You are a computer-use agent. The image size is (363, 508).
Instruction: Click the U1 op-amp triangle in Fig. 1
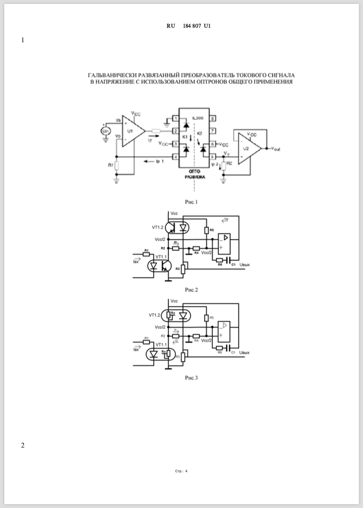coord(131,131)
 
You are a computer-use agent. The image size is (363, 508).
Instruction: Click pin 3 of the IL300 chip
coord(175,144)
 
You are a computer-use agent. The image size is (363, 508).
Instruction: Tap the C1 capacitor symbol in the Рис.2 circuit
coord(229,260)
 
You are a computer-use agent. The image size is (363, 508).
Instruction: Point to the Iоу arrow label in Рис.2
coord(226,219)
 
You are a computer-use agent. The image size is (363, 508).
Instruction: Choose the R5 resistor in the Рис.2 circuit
coord(206,230)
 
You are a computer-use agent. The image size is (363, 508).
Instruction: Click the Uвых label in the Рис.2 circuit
coord(244,265)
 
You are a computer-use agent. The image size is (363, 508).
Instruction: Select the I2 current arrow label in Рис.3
coord(176,341)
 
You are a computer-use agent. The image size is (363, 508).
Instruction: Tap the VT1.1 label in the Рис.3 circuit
coord(161,344)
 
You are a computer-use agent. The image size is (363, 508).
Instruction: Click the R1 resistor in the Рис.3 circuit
coord(146,342)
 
